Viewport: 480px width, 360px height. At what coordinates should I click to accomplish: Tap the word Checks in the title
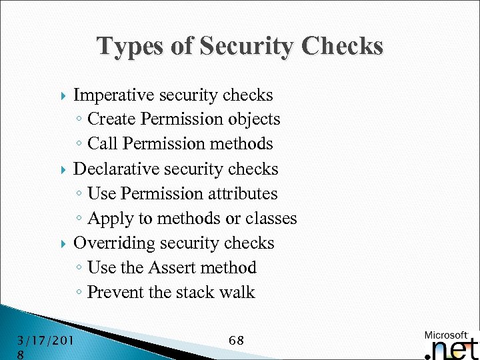(x=343, y=46)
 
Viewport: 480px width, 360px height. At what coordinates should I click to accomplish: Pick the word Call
(x=103, y=144)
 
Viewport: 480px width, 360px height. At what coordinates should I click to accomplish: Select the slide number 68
(x=236, y=341)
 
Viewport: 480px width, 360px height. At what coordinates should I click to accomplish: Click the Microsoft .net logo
(x=451, y=344)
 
